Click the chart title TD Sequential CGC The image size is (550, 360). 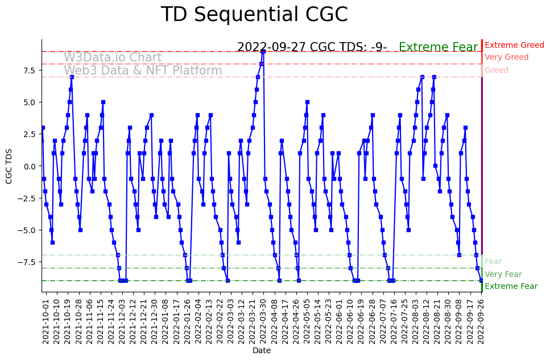pyautogui.click(x=254, y=15)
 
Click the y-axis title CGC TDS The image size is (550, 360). pyautogui.click(x=9, y=166)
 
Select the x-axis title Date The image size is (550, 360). pyautogui.click(x=262, y=351)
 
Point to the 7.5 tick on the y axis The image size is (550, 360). pyautogui.click(x=28, y=71)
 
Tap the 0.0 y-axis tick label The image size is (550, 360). pyautogui.click(x=28, y=166)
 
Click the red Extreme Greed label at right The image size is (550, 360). pyautogui.click(x=514, y=45)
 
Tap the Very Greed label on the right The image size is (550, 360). pyautogui.click(x=506, y=57)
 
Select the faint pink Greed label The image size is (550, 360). pyautogui.click(x=497, y=71)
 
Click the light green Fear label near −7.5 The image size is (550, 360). pyautogui.click(x=493, y=262)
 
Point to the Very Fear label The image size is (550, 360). pyautogui.click(x=503, y=274)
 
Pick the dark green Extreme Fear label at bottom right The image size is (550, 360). pyautogui.click(x=511, y=287)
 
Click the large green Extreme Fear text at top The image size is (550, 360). pyautogui.click(x=438, y=47)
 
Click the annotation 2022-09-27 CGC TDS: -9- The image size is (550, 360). pyautogui.click(x=312, y=47)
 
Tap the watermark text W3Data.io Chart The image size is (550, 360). pyautogui.click(x=113, y=57)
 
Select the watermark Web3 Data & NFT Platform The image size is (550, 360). pyautogui.click(x=143, y=71)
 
